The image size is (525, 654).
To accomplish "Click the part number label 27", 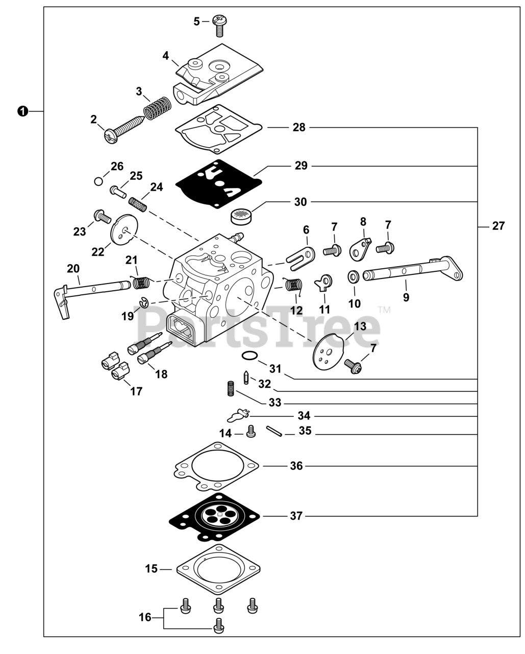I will (498, 226).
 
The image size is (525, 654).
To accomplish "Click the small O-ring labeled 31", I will (248, 356).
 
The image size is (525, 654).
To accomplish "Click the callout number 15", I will (151, 568).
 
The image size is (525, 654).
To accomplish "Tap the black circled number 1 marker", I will (22, 111).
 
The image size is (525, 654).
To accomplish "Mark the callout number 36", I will (296, 466).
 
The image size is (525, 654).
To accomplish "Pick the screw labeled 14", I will (251, 432).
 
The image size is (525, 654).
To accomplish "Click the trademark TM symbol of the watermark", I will (384, 309).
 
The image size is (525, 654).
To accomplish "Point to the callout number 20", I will (73, 268).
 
